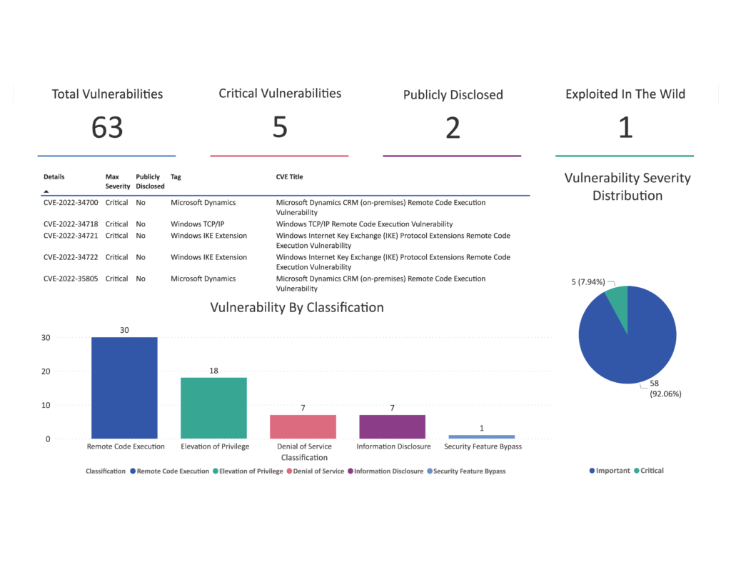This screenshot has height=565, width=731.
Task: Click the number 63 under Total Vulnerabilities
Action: click(x=107, y=128)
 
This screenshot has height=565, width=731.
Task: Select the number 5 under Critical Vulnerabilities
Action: click(x=280, y=127)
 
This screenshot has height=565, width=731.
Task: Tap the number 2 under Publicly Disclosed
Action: click(x=453, y=128)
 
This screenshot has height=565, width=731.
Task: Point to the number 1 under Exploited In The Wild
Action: click(x=625, y=128)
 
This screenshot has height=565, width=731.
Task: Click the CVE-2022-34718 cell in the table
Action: click(x=71, y=224)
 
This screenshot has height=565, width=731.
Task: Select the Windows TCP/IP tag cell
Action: click(x=197, y=224)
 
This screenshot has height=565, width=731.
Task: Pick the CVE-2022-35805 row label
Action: click(x=71, y=279)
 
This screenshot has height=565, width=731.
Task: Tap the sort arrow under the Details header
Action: click(x=46, y=191)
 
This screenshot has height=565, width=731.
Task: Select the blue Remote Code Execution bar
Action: click(x=124, y=388)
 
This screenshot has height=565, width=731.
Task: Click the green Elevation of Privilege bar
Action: click(x=213, y=408)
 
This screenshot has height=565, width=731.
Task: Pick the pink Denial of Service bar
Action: click(x=303, y=426)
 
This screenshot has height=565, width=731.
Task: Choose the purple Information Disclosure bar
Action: click(x=392, y=426)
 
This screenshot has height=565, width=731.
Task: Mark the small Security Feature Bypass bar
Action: click(x=481, y=436)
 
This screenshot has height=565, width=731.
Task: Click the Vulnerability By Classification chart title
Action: click(x=297, y=308)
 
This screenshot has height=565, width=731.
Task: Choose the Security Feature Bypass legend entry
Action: click(x=469, y=471)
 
